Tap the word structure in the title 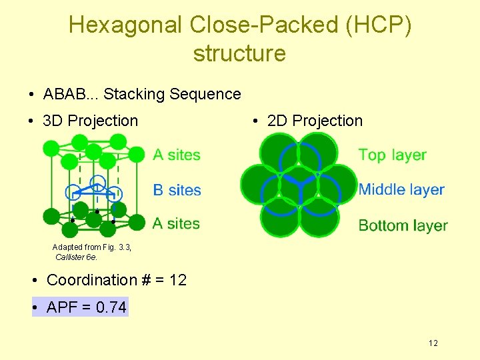[239, 53]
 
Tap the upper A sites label [177, 155]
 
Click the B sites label [177, 191]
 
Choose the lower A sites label [177, 223]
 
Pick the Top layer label [392, 155]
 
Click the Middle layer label [401, 190]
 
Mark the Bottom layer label [403, 225]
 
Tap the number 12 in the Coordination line [178, 280]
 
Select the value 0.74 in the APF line [111, 307]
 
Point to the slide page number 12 [433, 343]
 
